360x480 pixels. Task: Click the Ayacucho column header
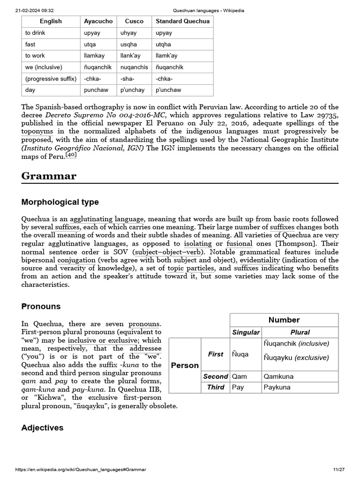[98, 21]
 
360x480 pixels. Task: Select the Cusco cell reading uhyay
[128, 33]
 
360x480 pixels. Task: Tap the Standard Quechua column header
[182, 21]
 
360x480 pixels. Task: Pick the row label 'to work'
[35, 56]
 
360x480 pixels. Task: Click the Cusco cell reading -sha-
[127, 79]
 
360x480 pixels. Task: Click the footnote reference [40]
[70, 155]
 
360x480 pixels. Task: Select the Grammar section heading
[49, 176]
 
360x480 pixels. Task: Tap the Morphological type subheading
[60, 202]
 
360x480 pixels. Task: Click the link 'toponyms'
[37, 132]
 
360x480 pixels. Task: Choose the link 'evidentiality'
[261, 260]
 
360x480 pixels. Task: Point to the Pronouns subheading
[41, 306]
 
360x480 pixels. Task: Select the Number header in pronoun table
[284, 320]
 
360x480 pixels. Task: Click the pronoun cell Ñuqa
[240, 354]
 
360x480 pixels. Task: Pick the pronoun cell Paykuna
[277, 387]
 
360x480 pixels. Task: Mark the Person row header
[185, 365]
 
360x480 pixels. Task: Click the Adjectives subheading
[42, 427]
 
